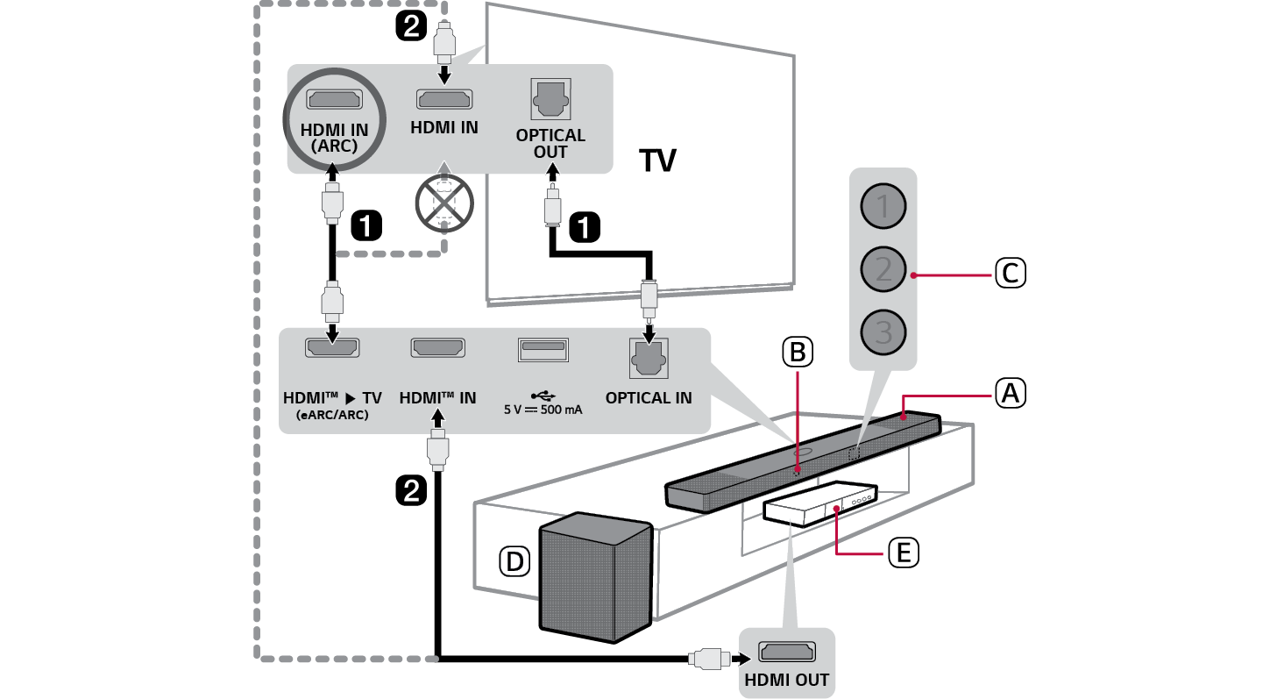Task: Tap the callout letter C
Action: pos(1010,274)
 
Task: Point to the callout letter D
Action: pos(515,561)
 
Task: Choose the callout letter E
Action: pos(902,553)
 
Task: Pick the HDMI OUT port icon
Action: pos(786,653)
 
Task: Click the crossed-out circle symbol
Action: pos(445,201)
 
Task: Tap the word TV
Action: pos(657,161)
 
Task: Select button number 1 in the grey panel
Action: pos(883,207)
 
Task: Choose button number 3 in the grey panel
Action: pos(883,332)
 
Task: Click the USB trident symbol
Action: pos(543,395)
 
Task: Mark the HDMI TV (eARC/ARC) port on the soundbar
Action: pos(332,347)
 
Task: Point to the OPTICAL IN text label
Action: pos(649,398)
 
